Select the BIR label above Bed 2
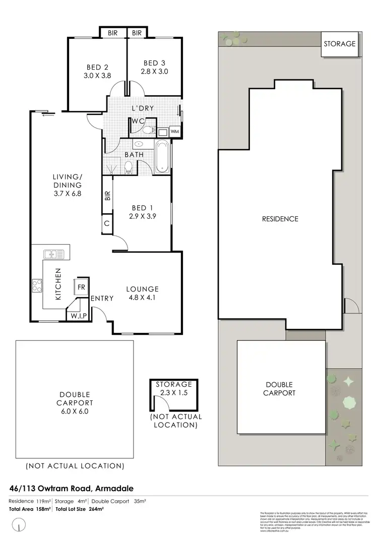pyautogui.click(x=112, y=33)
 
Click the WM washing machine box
pyautogui.click(x=175, y=132)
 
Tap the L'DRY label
pyautogui.click(x=143, y=108)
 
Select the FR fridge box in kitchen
pyautogui.click(x=81, y=287)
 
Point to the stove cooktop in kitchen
pyautogui.click(x=37, y=286)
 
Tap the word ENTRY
pyautogui.click(x=102, y=299)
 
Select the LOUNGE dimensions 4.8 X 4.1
pyautogui.click(x=142, y=298)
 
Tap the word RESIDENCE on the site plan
pyautogui.click(x=280, y=219)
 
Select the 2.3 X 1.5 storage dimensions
pyautogui.click(x=174, y=393)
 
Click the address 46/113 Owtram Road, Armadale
pyautogui.click(x=71, y=488)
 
